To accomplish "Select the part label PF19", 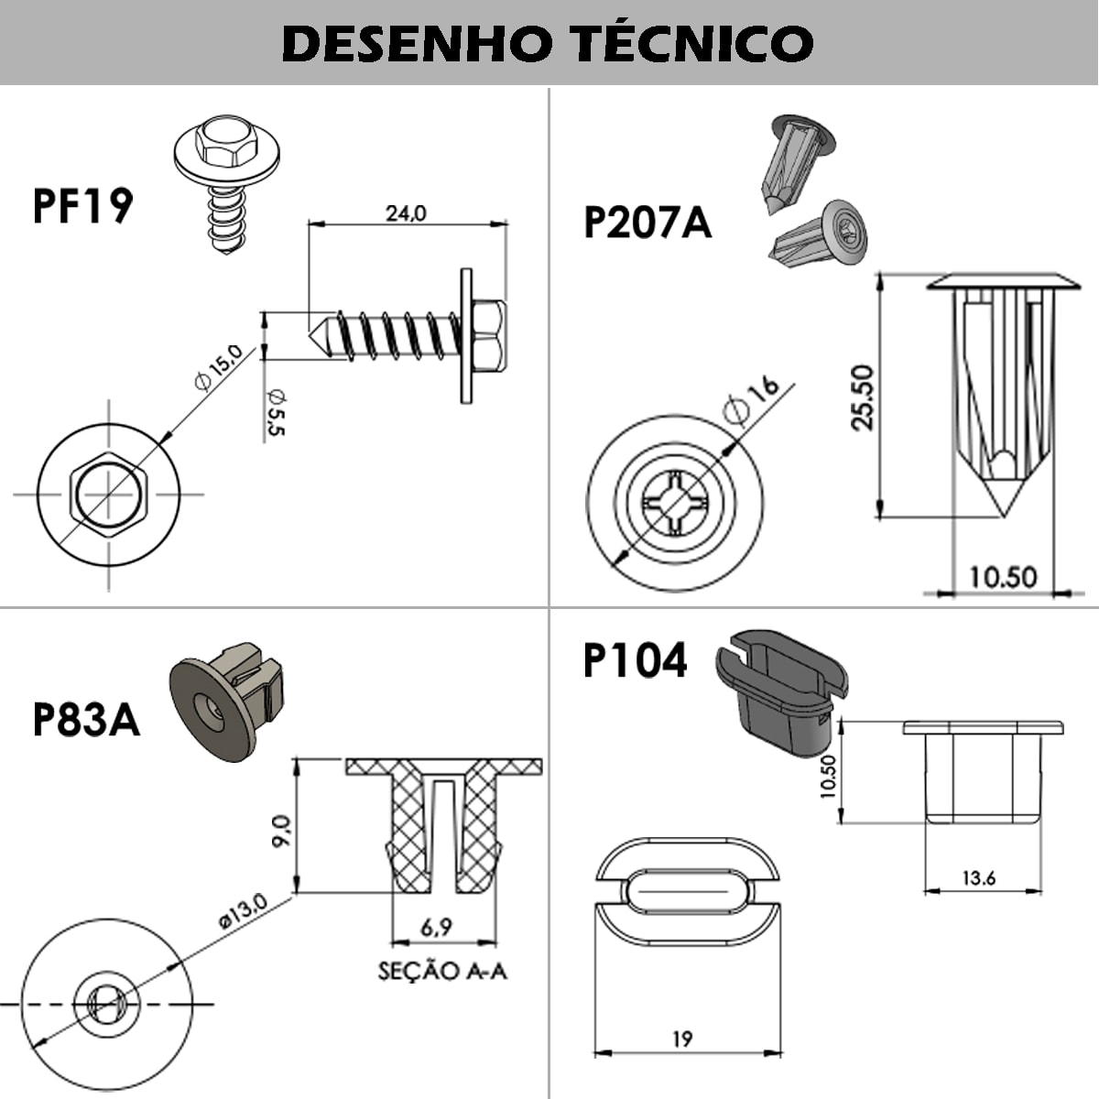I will (82, 206).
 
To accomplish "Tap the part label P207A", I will (647, 223).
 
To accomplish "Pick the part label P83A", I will (86, 720).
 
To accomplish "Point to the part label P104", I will (635, 661).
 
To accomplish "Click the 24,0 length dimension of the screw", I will (406, 213).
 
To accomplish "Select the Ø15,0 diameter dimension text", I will (217, 367).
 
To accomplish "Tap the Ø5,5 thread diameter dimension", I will (276, 411).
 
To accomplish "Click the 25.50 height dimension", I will (862, 397).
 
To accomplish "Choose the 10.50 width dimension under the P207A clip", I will (1003, 577).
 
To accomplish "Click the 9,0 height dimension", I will (281, 831).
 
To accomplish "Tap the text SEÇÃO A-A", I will (442, 970).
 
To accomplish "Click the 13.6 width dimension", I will (978, 878).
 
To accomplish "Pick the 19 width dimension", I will (681, 1039).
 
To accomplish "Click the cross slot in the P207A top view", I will (675, 503).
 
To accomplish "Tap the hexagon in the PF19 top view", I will (109, 493).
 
